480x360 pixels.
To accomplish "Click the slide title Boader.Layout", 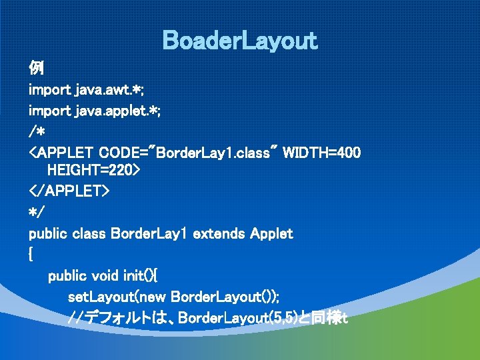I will click(x=240, y=41).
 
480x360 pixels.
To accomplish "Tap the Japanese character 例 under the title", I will click(x=36, y=68).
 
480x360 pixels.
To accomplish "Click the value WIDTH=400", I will click(x=322, y=153).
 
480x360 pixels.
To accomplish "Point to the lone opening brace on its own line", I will click(x=31, y=255).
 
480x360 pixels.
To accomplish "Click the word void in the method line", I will click(x=104, y=275).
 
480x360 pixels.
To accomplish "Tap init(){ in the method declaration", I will click(x=140, y=275).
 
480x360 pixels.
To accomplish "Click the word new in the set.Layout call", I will click(x=153, y=296).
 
